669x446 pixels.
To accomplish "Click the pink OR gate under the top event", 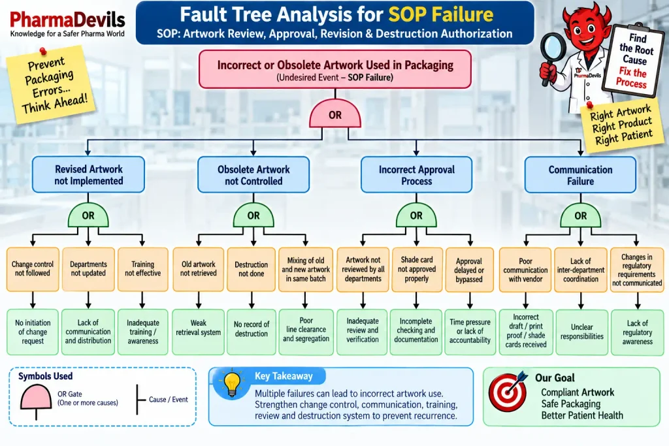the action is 335,114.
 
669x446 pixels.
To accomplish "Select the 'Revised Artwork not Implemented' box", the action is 88,175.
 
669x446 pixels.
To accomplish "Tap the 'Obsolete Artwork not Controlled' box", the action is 253,175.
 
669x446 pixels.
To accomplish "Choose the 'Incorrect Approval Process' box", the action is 416,175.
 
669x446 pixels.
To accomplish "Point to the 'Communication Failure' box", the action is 580,175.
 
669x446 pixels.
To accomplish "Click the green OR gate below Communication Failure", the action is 580,215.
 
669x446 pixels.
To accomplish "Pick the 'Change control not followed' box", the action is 33,269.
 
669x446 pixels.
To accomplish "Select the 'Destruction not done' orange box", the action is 252,269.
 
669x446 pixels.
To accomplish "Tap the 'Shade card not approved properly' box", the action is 416,269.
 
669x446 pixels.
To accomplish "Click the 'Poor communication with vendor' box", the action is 525,270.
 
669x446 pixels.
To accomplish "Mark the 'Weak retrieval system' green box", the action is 199,332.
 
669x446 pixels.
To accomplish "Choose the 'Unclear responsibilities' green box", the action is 582,332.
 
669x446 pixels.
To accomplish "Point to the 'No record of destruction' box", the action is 252,332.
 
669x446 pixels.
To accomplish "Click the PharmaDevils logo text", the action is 67,20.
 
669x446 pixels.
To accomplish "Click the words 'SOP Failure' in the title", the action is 441,14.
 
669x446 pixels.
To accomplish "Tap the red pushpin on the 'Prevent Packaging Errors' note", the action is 42,52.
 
